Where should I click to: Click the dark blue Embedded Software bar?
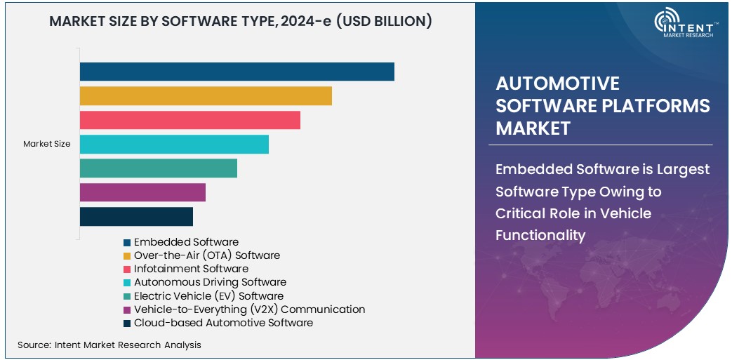point(237,72)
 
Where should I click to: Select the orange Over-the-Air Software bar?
point(206,96)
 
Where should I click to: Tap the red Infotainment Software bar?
point(189,120)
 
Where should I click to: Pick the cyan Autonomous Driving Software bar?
point(174,145)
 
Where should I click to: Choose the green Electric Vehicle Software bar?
point(158,168)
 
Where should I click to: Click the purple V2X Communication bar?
point(142,192)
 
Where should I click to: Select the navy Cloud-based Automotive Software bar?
point(136,217)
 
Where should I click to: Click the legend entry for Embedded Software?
point(186,242)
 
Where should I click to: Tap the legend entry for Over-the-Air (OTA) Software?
point(206,255)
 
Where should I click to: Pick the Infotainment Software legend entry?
point(191,269)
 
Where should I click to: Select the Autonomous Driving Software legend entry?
point(210,282)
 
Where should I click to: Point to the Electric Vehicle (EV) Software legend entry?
point(208,296)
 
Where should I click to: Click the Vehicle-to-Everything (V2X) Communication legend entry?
point(249,309)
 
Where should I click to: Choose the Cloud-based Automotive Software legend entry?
point(223,323)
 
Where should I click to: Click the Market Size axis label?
point(47,144)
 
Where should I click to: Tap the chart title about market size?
point(240,22)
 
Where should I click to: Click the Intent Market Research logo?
point(684,24)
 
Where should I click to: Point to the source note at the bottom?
point(109,345)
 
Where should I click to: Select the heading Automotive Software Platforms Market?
point(602,106)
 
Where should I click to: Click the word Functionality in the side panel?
point(540,235)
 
